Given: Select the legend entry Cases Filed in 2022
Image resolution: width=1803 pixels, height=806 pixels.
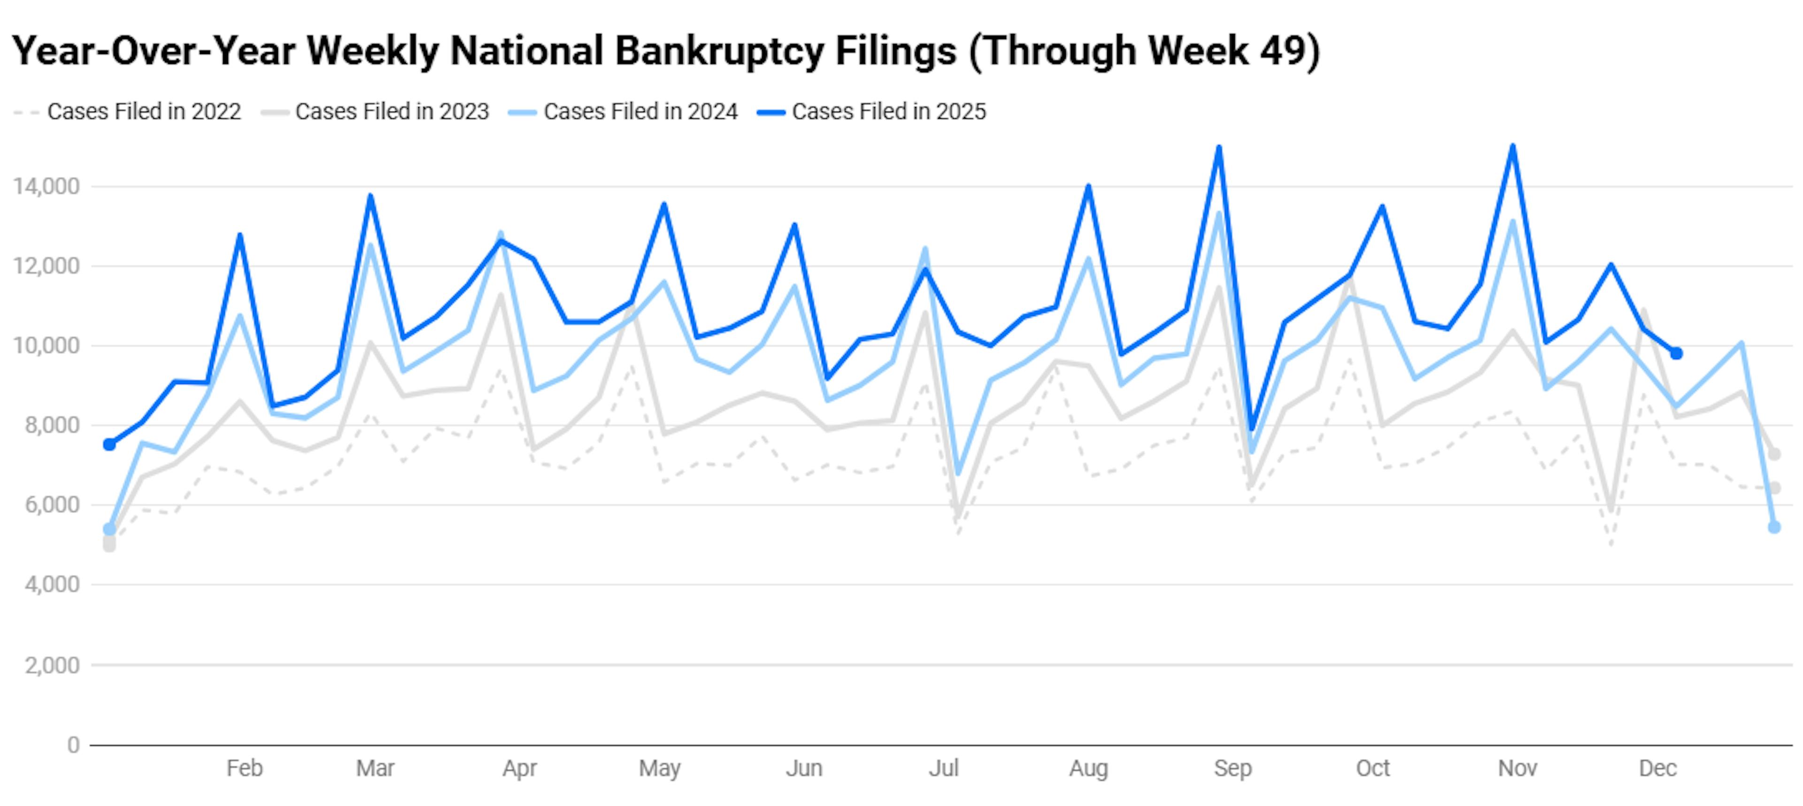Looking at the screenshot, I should point(144,111).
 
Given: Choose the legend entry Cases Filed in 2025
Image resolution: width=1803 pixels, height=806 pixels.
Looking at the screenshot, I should point(888,111).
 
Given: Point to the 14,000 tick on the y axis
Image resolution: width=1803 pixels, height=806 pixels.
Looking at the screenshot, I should point(46,187).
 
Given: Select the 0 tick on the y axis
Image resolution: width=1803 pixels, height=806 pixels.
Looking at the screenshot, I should point(73,745).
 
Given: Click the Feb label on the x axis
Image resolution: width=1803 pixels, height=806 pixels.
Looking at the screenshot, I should point(244,768).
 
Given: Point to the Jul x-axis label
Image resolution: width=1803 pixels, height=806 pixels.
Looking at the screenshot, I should point(943,768).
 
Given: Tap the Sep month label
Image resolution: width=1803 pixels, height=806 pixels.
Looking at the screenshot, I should point(1233,768).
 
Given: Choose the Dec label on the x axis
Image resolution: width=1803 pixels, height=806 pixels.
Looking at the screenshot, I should point(1657,768).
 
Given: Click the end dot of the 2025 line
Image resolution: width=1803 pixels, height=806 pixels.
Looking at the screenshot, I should point(1676,353).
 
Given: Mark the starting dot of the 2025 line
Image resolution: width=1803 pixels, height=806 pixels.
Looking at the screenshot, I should point(109,444).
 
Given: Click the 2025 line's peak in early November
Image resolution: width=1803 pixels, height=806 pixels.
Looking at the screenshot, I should point(1512,146).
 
